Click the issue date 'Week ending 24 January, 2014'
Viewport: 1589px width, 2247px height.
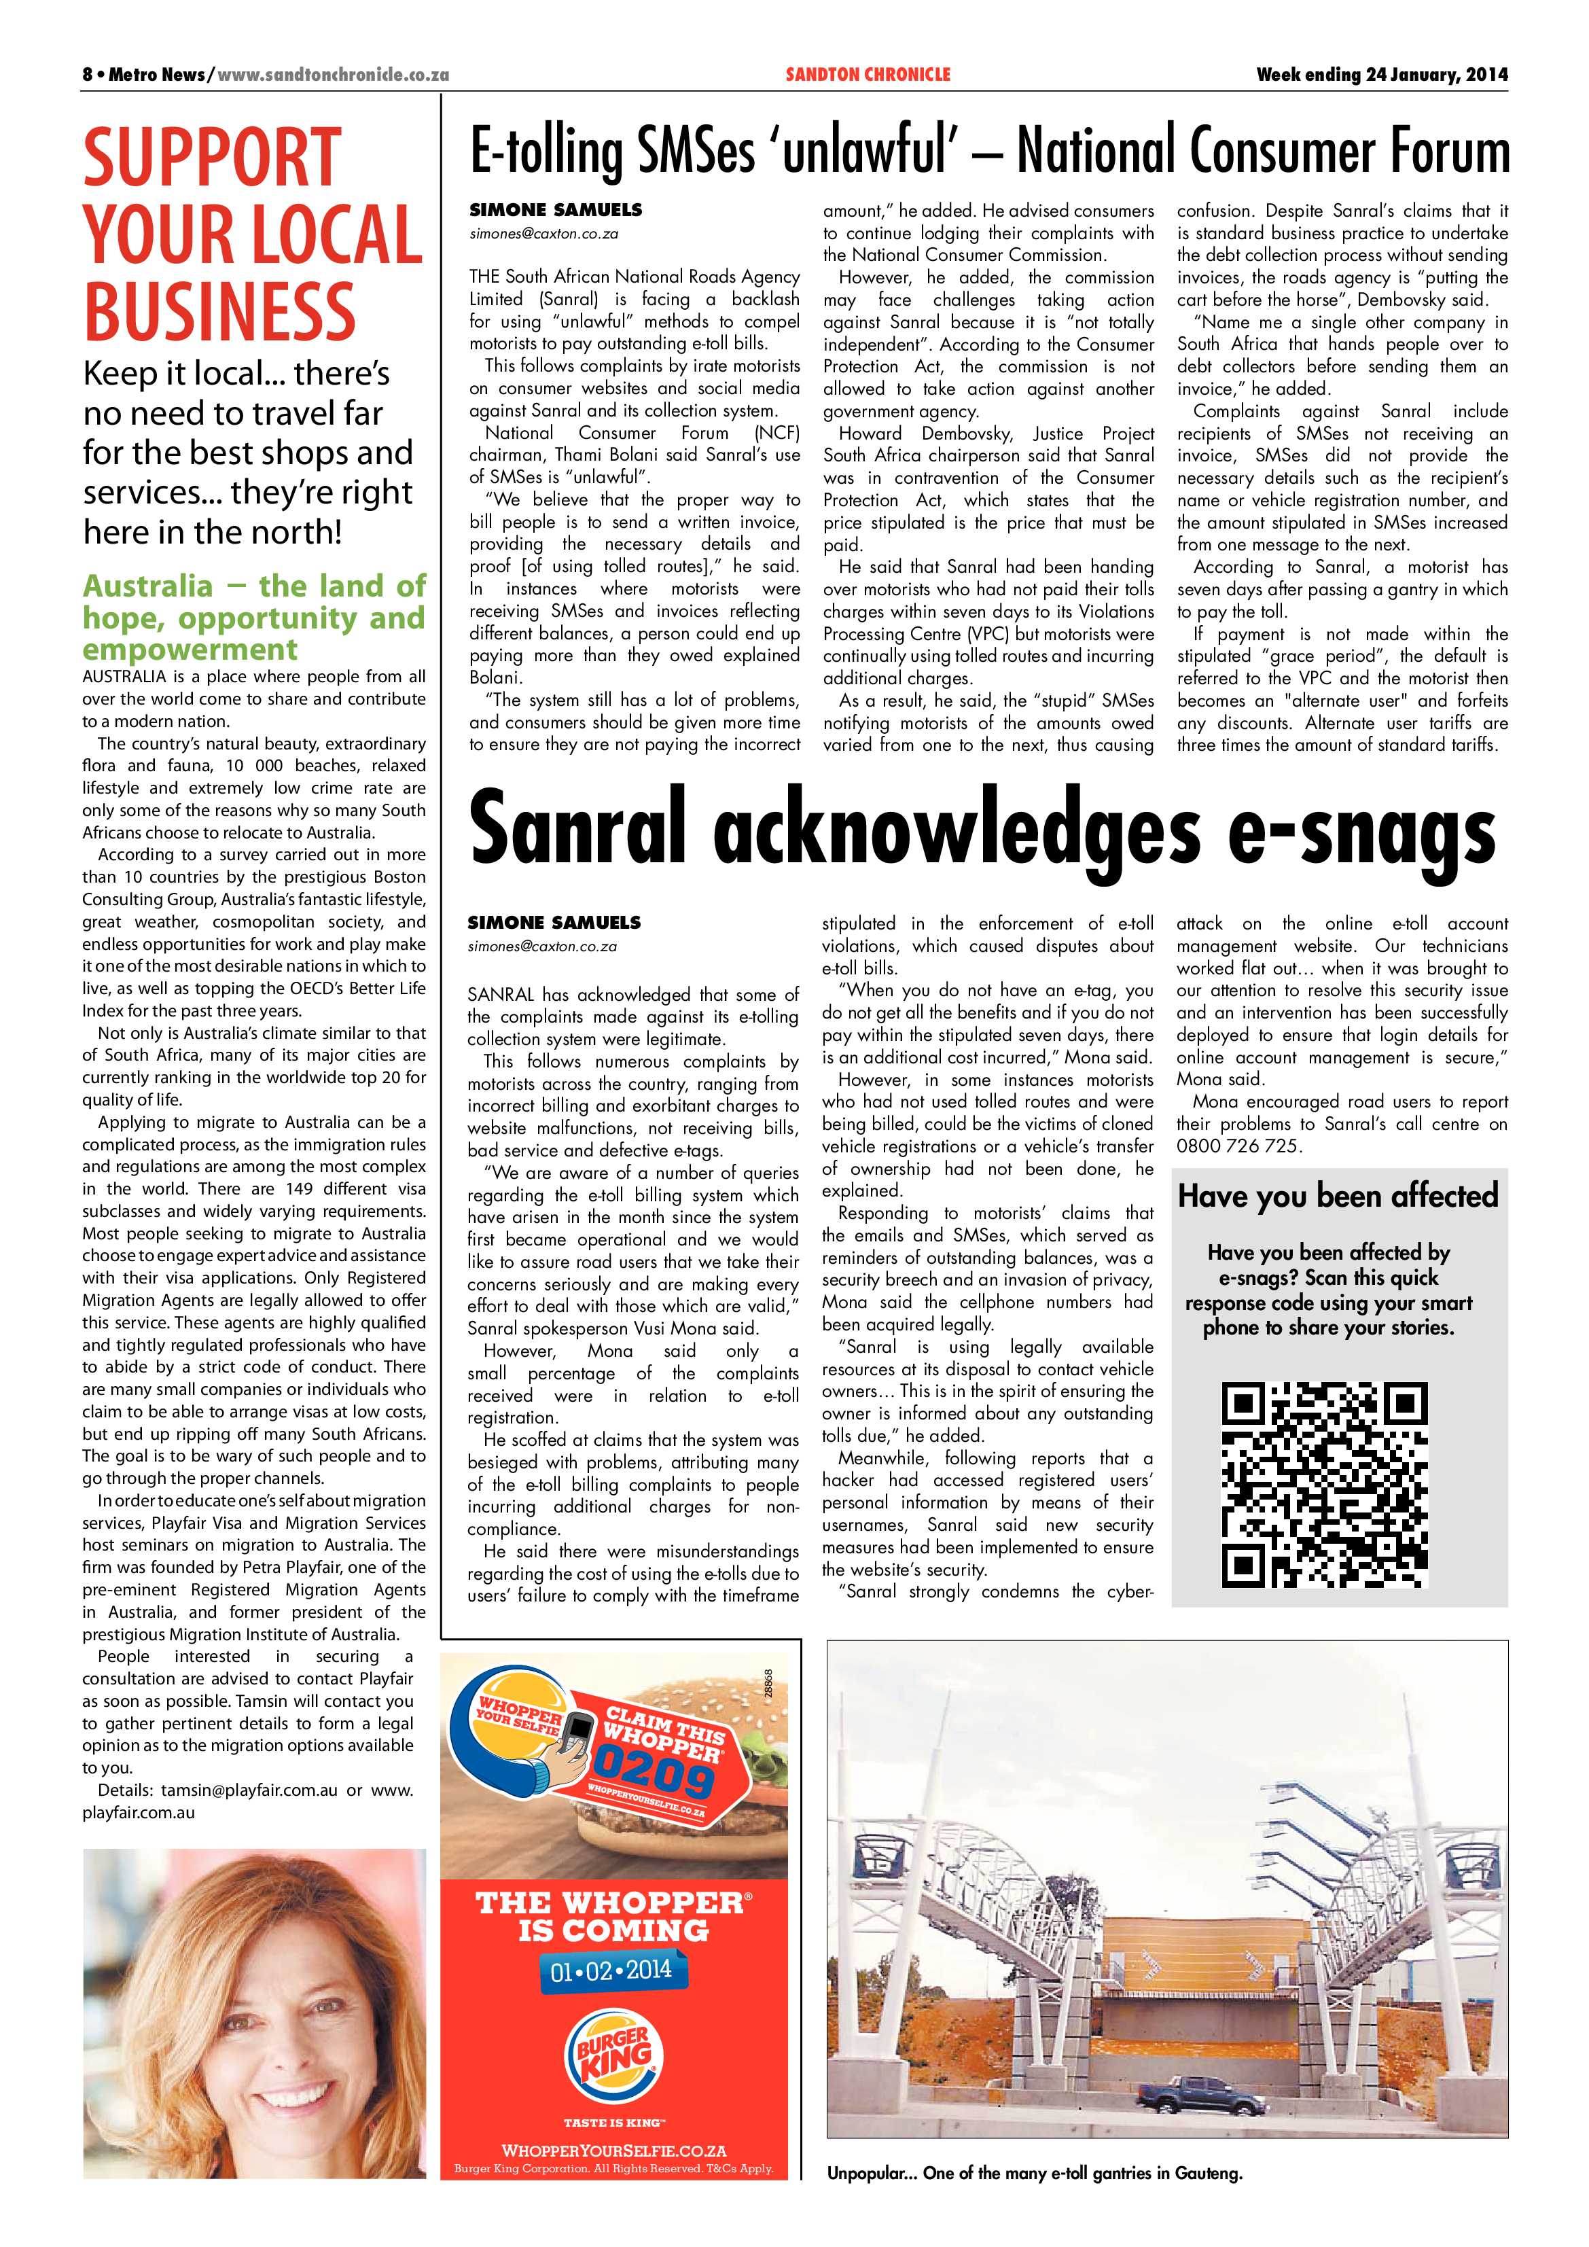click(1382, 74)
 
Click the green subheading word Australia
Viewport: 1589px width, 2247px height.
click(147, 586)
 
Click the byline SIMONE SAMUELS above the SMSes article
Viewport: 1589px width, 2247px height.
click(555, 211)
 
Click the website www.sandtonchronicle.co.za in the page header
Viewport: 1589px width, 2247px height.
click(333, 74)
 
